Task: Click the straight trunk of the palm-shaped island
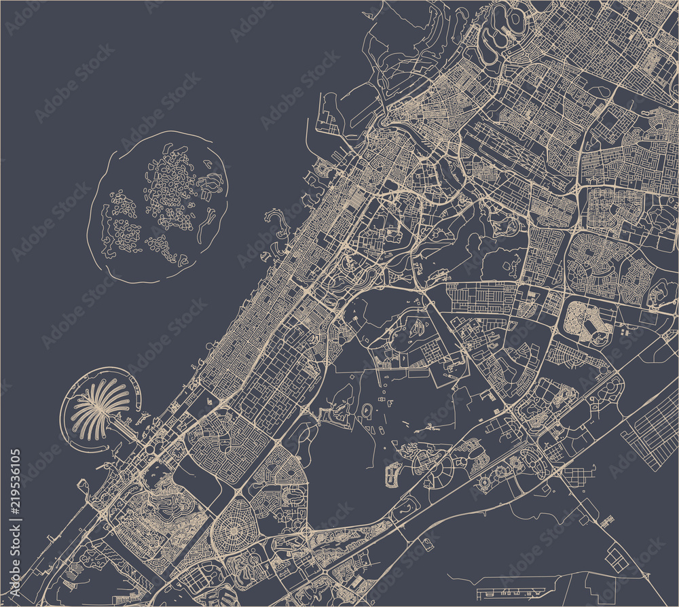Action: pyautogui.click(x=126, y=426)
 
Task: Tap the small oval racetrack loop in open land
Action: pyautogui.click(x=367, y=411)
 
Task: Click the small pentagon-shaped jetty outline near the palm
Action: pyautogui.click(x=84, y=485)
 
